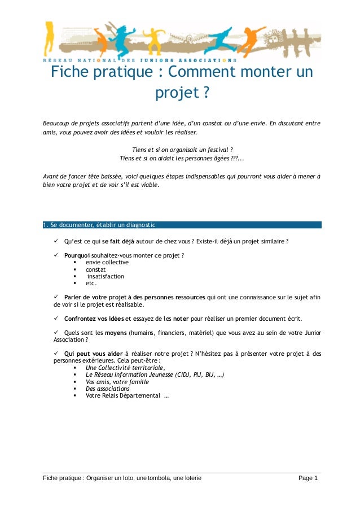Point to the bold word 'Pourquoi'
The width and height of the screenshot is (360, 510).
pos(77,255)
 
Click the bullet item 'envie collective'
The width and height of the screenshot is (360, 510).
pos(107,263)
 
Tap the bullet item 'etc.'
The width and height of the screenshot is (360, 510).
pos(91,284)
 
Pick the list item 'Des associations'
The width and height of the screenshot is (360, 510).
pos(107,389)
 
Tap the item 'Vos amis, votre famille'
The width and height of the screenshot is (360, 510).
pos(117,382)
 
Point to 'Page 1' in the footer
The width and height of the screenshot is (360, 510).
pos(308,479)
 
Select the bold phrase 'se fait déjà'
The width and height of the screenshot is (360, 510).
pos(118,242)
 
